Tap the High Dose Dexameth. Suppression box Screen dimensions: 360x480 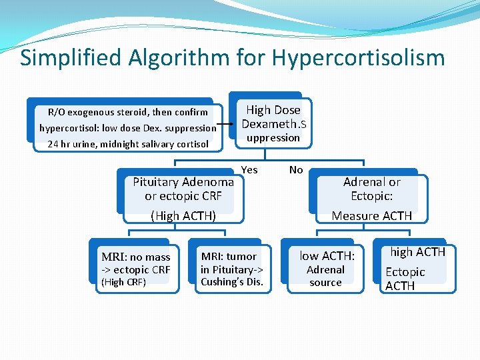pyautogui.click(x=273, y=123)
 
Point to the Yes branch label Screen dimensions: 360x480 pyautogui.click(x=249, y=170)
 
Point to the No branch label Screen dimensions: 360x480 pyautogui.click(x=296, y=170)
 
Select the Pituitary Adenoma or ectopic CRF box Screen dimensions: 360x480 pyautogui.click(x=183, y=189)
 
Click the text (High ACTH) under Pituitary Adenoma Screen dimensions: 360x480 pyautogui.click(x=183, y=215)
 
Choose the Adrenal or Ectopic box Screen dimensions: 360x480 pyautogui.click(x=372, y=189)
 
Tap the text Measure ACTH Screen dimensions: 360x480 pyautogui.click(x=372, y=215)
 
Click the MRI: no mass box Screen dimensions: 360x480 pyautogui.click(x=136, y=264)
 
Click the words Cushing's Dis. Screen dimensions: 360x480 pyautogui.click(x=232, y=281)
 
